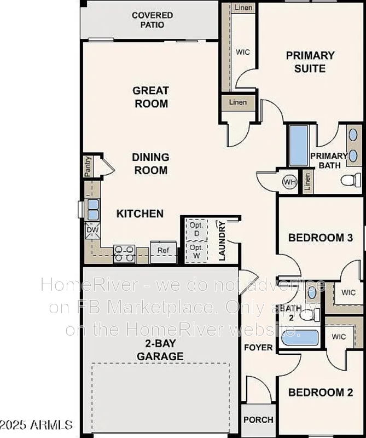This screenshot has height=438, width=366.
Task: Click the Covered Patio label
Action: pyautogui.click(x=152, y=20)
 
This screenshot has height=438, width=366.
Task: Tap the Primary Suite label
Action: pyautogui.click(x=310, y=62)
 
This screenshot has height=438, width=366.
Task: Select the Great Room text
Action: pyautogui.click(x=150, y=97)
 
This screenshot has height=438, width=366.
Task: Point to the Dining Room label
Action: pyautogui.click(x=150, y=164)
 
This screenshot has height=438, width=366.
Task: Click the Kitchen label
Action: pyautogui.click(x=140, y=214)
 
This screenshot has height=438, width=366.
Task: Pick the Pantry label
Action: pyautogui.click(x=88, y=166)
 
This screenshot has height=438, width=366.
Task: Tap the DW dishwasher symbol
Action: pyautogui.click(x=91, y=231)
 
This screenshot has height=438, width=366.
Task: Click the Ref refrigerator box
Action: pyautogui.click(x=163, y=251)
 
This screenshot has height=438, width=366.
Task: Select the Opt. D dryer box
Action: pyautogui.click(x=195, y=229)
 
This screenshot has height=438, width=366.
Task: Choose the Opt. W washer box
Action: pyautogui.click(x=195, y=251)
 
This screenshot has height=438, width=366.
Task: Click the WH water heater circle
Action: pyautogui.click(x=289, y=182)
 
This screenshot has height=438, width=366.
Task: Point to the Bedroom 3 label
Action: pyautogui.click(x=320, y=238)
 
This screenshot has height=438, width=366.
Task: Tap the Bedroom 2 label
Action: pyautogui.click(x=320, y=392)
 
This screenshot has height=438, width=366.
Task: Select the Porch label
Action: pyautogui.click(x=258, y=420)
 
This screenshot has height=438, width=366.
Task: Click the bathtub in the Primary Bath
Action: pyautogui.click(x=298, y=146)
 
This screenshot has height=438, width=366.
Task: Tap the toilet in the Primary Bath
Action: pyautogui.click(x=350, y=179)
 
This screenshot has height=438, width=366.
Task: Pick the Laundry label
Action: pyautogui.click(x=222, y=241)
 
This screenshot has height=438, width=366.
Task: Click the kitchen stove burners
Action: pyautogui.click(x=124, y=253)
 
